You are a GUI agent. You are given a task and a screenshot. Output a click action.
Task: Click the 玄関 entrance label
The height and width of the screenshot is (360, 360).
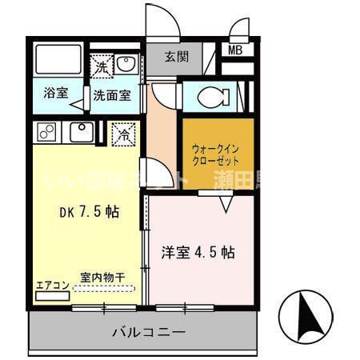coord(177,57)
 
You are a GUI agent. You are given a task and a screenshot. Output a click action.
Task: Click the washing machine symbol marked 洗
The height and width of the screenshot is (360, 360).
coord(102,67)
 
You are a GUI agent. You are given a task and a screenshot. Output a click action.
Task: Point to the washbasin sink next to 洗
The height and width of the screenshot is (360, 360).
coord(126,64)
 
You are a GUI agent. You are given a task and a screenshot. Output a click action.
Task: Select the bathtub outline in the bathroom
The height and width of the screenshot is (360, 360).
coord(58,58)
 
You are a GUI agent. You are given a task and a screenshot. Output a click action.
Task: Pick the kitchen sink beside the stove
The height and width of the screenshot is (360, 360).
coord(82,131)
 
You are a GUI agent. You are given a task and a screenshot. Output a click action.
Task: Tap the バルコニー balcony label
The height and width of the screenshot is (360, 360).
coord(148,331)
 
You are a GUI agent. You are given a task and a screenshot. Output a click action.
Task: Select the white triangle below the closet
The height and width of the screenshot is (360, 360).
coord(226,205)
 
